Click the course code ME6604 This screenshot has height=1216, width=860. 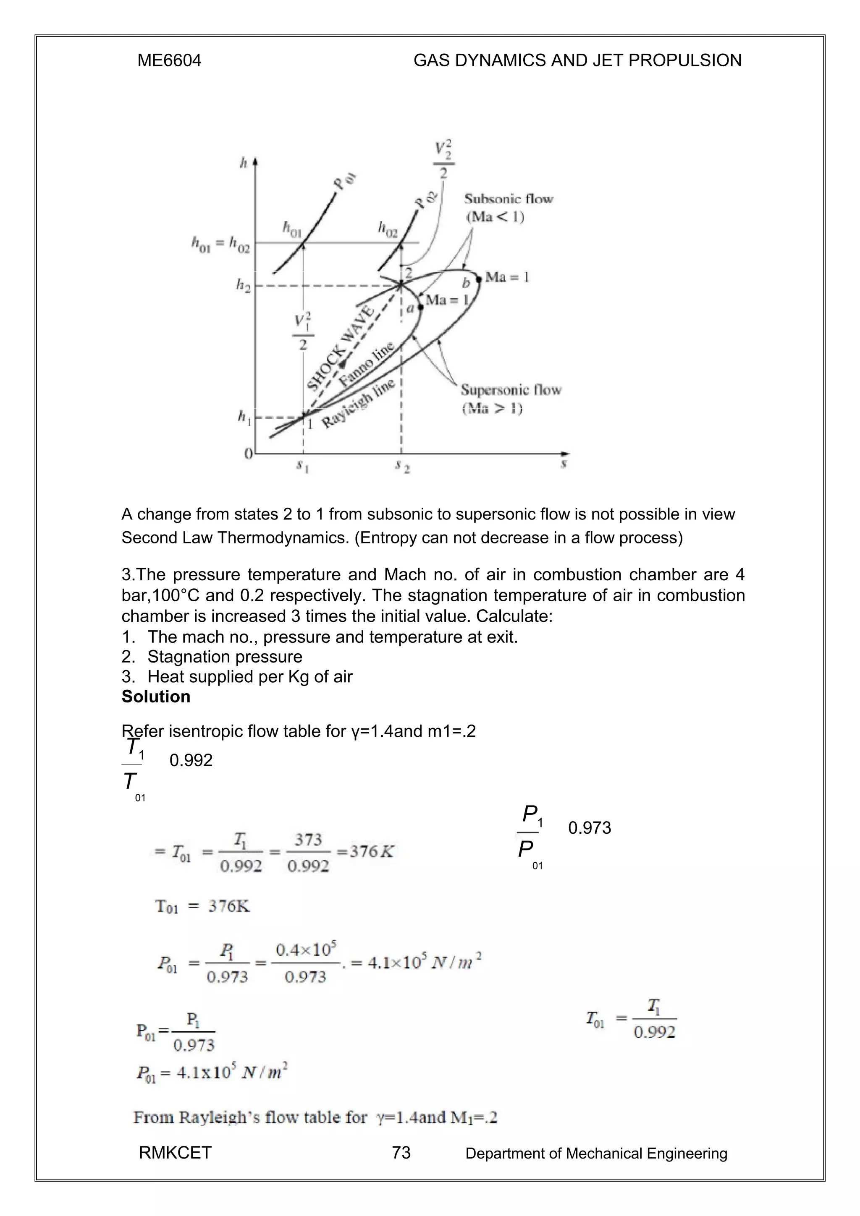pyautogui.click(x=169, y=61)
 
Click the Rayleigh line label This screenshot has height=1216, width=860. pyautogui.click(x=358, y=403)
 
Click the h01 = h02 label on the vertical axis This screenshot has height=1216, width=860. pyautogui.click(x=220, y=244)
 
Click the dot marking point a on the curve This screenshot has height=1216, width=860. pyautogui.click(x=420, y=307)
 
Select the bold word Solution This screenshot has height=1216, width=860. pyautogui.click(x=155, y=697)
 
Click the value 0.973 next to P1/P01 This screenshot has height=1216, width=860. pyautogui.click(x=589, y=828)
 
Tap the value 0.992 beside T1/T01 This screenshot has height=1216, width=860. pyautogui.click(x=191, y=761)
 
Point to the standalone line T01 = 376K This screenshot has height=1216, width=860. pyautogui.click(x=202, y=907)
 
